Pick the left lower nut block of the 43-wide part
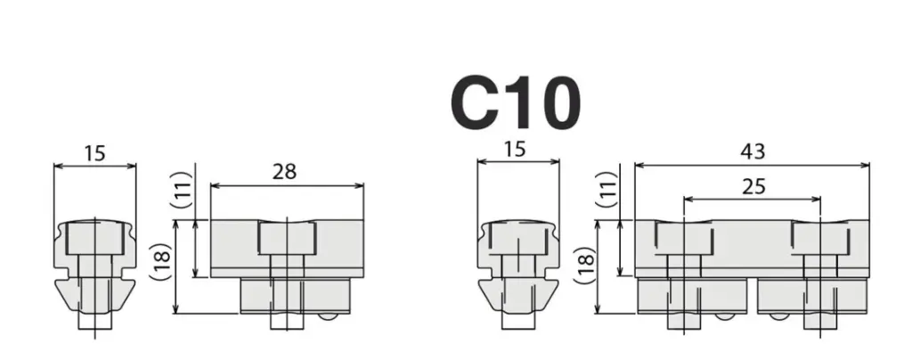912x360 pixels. [691, 296]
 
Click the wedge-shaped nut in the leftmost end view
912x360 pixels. [94, 293]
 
